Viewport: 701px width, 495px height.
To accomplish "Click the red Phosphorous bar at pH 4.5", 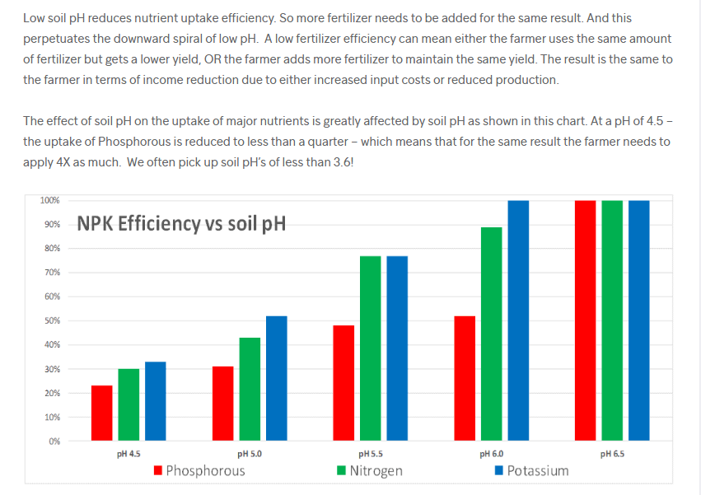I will (101, 413).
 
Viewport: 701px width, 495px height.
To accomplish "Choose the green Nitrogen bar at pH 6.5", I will (612, 320).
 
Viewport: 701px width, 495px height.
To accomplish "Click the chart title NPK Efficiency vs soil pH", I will (181, 223).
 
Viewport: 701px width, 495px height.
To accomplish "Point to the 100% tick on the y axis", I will (49, 200).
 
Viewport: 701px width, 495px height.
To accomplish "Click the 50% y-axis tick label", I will (51, 320).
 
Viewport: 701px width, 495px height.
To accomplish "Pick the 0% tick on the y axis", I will (54, 441).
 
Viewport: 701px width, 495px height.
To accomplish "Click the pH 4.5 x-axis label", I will (129, 454).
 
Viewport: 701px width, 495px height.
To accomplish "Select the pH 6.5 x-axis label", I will (612, 454).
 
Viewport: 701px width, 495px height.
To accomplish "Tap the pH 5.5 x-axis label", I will (371, 454).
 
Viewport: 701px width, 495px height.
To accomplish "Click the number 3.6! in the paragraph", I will (339, 162).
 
